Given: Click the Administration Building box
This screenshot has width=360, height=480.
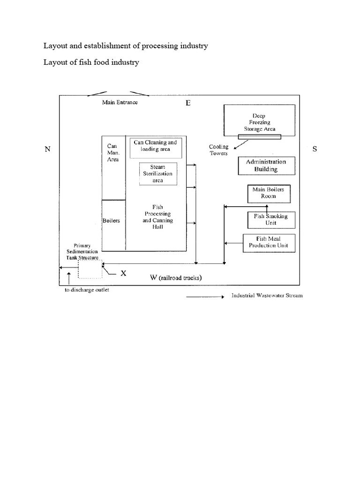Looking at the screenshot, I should tap(266, 165).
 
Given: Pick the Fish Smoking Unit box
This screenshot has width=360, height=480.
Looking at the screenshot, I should tap(271, 219).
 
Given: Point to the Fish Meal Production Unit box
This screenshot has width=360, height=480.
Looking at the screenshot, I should tap(269, 242).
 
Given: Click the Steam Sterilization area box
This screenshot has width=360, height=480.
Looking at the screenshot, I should tap(157, 173).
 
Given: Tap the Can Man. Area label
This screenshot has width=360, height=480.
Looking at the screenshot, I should tap(112, 152).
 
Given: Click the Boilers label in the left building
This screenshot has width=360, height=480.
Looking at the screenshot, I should tap(111, 221).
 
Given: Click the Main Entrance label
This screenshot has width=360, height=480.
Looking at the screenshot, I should tap(120, 103).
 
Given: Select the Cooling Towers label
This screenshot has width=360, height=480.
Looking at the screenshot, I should tap(218, 150).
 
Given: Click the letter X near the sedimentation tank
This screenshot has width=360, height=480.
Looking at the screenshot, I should tap(123, 274).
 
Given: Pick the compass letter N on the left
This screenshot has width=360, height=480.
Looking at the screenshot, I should tap(47, 149).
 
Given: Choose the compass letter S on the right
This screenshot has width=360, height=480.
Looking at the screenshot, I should tap(315, 149).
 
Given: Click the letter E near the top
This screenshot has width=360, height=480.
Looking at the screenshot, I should tap(188, 103).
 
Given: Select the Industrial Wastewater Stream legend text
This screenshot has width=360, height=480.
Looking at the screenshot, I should tap(267, 296).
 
